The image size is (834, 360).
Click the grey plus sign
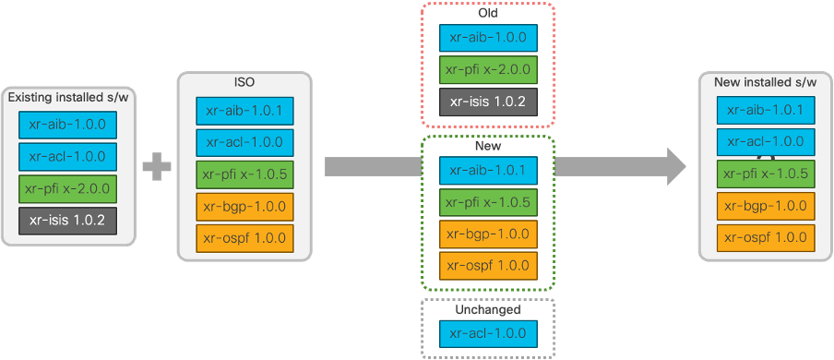click(x=157, y=167)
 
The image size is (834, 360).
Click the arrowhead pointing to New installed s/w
click(x=675, y=166)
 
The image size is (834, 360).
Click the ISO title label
click(x=244, y=82)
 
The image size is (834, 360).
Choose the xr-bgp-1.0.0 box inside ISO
click(x=244, y=206)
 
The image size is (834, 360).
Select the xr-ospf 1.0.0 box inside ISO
click(x=244, y=237)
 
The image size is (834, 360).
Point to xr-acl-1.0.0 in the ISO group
click(x=244, y=142)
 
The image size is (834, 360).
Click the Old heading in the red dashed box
click(x=487, y=13)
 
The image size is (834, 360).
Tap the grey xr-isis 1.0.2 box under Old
click(x=487, y=101)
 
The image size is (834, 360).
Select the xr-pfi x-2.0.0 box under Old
click(x=487, y=69)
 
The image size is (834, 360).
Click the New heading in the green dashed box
click(x=487, y=147)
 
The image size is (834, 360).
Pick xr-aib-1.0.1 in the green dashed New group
click(x=487, y=170)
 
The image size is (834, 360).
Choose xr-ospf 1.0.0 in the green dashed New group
click(x=487, y=266)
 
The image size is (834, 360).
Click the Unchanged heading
click(x=487, y=310)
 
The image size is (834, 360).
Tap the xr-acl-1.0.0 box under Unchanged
click(x=487, y=334)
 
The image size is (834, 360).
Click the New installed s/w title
click(x=766, y=83)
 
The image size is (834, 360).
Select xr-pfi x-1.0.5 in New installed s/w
click(x=766, y=174)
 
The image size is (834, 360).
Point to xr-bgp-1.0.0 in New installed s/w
click(x=766, y=206)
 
